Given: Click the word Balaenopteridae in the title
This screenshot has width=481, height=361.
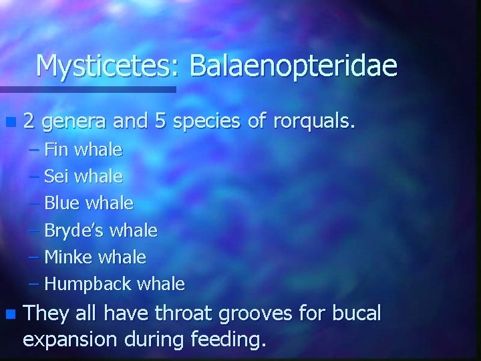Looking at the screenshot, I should pos(293,66).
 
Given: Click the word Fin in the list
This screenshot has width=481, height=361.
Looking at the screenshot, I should pos(56,150).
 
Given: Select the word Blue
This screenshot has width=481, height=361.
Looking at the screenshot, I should pos(60,203).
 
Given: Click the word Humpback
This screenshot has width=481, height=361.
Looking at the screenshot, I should pos(88,285).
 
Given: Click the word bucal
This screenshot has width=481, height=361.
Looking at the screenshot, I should pos(355,313).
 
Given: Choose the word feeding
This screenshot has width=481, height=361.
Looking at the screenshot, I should pos(227,340).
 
